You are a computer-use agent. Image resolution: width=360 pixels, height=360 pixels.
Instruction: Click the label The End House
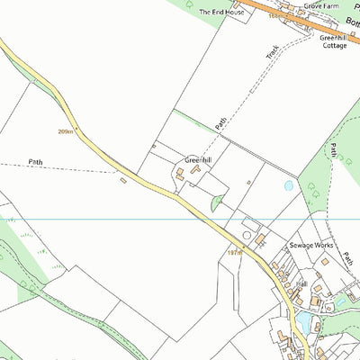221,13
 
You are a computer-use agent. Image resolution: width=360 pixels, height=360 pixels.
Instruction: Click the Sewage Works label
311,245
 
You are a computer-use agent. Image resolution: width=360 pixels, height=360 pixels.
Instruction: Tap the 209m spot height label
65,131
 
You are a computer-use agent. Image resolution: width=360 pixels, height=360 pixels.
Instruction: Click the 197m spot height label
234,253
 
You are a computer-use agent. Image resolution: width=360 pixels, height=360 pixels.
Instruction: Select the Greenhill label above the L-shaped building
198,160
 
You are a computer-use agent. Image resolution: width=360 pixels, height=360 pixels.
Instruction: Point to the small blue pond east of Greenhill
288,185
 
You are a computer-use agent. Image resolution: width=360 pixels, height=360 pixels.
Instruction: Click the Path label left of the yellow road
35,162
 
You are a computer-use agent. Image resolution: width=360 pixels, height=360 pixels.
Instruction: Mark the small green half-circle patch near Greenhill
216,204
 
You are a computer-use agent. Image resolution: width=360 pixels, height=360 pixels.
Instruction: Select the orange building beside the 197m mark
260,240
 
